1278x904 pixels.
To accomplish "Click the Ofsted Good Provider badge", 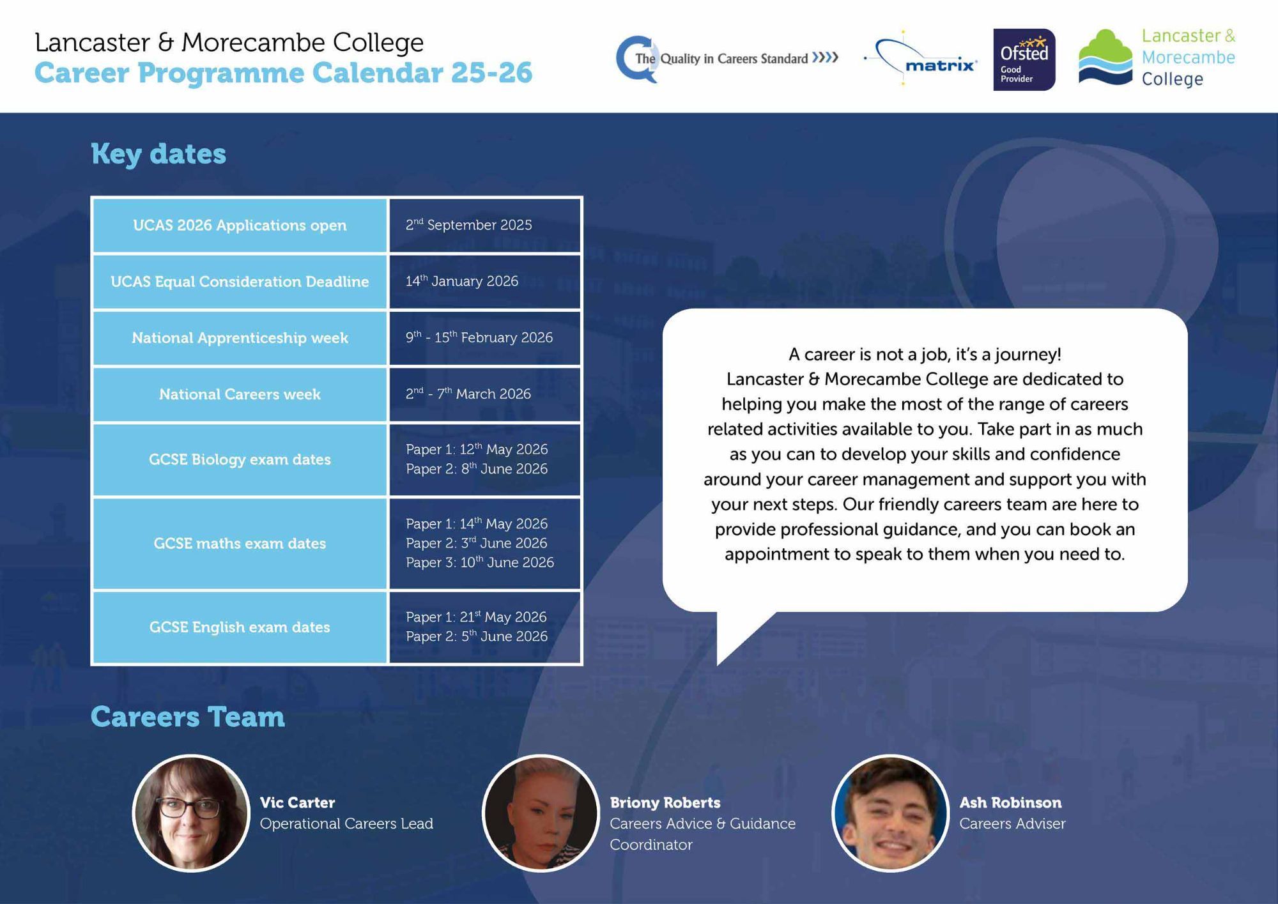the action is [1024, 59].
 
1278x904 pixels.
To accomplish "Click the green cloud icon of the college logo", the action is [1105, 56].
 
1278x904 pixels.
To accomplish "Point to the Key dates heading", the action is [158, 154].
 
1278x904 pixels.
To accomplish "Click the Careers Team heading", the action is [188, 717].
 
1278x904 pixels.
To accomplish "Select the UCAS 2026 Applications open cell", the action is [240, 226].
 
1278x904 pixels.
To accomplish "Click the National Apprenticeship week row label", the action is [240, 338].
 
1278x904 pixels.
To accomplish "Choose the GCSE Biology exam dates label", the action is [240, 459].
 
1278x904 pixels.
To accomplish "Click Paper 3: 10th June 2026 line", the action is [480, 562].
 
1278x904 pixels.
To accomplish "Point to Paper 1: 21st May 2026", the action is [476, 617].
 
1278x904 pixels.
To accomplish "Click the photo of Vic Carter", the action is [191, 813].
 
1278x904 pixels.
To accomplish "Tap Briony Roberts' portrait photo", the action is [541, 813].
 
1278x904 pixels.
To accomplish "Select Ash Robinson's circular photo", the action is [890, 813].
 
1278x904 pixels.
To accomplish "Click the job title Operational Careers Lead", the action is [346, 824].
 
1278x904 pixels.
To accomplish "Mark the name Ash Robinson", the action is [1010, 802].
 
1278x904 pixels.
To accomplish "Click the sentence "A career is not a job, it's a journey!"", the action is [925, 354].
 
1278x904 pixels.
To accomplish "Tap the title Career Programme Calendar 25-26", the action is [283, 73].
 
